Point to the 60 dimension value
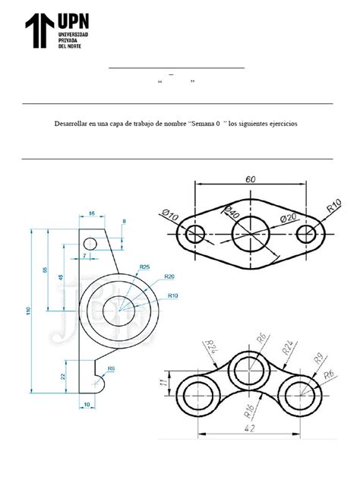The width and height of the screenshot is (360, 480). tap(250, 179)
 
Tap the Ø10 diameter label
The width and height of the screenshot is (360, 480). tap(170, 216)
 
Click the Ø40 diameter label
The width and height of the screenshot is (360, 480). tap(231, 214)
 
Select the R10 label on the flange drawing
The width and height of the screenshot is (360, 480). tap(333, 204)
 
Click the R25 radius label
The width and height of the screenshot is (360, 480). tap(145, 267)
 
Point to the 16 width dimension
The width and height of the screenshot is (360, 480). tap(92, 214)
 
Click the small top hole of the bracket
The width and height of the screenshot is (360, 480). tap(90, 244)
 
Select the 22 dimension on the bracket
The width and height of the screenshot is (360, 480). tap(63, 376)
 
